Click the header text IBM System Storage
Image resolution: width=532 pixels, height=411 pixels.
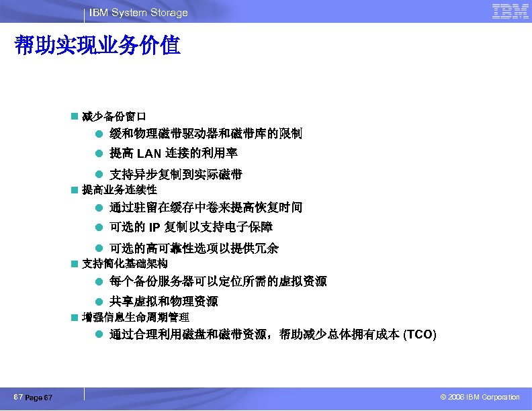pyautogui.click(x=139, y=13)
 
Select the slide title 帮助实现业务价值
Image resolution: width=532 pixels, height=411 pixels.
pyautogui.click(x=97, y=46)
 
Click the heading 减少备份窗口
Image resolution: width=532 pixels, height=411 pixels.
pyautogui.click(x=114, y=116)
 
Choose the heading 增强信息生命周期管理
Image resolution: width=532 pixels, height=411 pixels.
pyautogui.click(x=135, y=316)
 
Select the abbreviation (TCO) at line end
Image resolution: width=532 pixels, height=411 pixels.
pyautogui.click(x=419, y=335)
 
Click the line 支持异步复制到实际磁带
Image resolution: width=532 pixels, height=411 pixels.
pyautogui.click(x=175, y=175)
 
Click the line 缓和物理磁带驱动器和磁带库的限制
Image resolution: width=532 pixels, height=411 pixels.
pyautogui.click(x=206, y=134)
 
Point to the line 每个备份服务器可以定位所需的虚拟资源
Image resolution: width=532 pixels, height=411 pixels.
pyautogui.click(x=218, y=281)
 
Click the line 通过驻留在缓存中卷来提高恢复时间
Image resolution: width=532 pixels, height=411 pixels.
pyautogui.click(x=206, y=208)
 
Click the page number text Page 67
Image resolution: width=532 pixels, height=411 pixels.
pyautogui.click(x=39, y=398)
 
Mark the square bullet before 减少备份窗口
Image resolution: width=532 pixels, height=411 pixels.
pyautogui.click(x=75, y=116)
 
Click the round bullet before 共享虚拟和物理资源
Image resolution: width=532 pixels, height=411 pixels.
pyautogui.click(x=98, y=302)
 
